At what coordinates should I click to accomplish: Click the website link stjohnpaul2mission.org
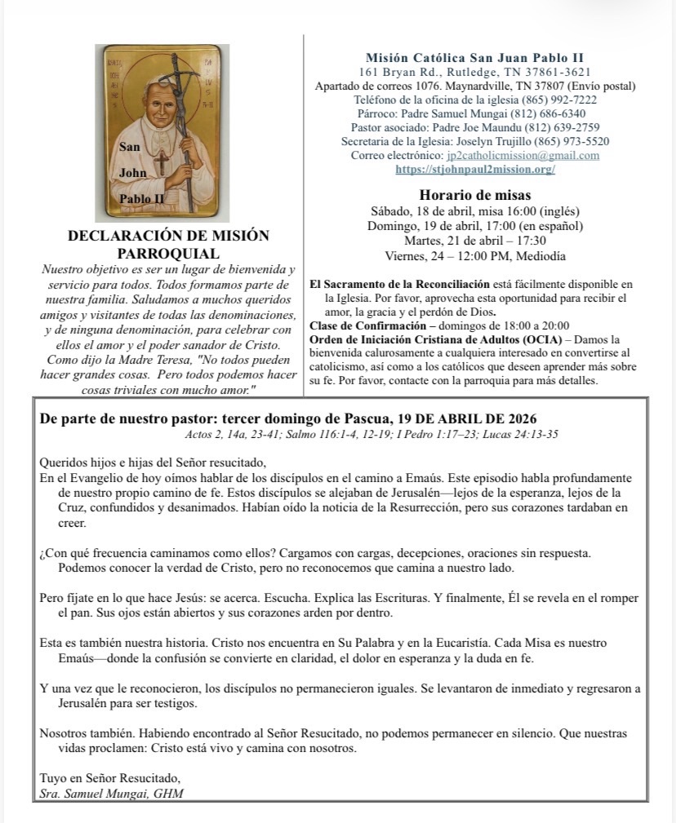pyautogui.click(x=475, y=170)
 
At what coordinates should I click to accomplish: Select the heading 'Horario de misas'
pyautogui.click(x=475, y=195)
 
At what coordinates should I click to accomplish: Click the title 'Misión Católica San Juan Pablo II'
pyautogui.click(x=474, y=57)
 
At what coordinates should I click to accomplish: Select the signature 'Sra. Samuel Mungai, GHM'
pyautogui.click(x=112, y=794)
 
